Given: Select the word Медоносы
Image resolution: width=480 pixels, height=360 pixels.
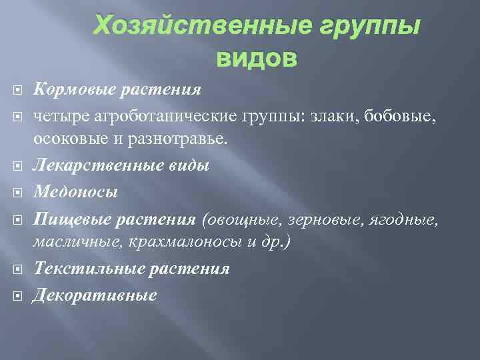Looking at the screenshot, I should (x=76, y=193).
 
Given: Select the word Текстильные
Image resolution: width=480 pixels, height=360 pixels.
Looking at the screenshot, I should (x=81, y=269).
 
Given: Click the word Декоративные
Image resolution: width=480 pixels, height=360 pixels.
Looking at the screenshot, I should (x=95, y=294).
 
